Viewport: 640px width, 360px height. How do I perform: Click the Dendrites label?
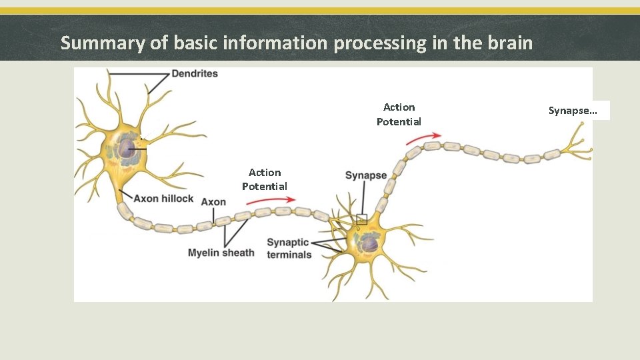point(195,73)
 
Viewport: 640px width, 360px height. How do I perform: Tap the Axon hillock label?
point(163,199)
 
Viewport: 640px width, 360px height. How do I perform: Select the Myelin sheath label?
point(221,253)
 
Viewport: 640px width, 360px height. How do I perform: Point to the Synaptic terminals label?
point(288,248)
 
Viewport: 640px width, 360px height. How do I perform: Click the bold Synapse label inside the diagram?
point(365,175)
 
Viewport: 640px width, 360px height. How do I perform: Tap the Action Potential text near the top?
point(399,114)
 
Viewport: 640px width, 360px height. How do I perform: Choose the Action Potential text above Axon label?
point(265,179)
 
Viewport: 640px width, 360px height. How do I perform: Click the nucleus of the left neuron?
point(127,147)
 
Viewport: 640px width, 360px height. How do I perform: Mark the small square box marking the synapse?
point(361,219)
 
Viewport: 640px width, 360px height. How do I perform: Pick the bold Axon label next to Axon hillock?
point(213,202)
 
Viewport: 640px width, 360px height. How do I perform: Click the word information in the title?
point(275,43)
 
